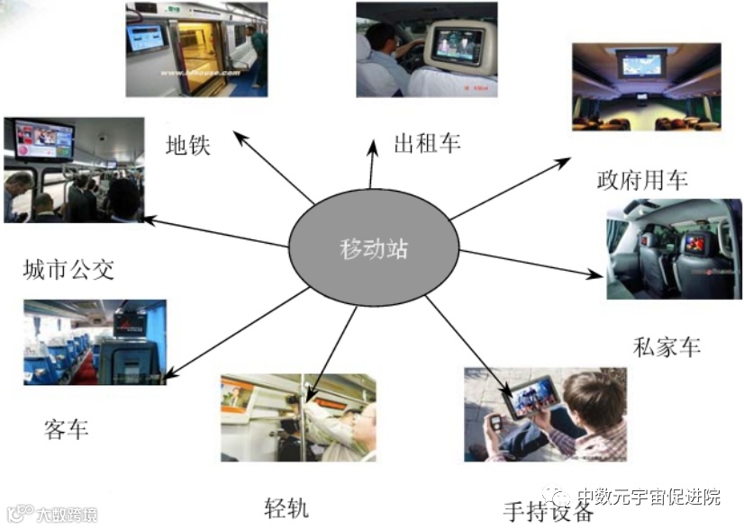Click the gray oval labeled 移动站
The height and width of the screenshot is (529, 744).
[x=373, y=247]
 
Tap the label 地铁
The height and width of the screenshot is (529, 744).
[x=188, y=145]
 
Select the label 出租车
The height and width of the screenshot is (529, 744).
[x=427, y=143]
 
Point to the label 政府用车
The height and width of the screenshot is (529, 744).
[x=641, y=179]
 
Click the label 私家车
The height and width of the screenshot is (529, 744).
[x=667, y=346]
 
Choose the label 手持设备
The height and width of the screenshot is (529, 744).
[x=549, y=511]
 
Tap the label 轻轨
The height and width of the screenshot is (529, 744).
[x=287, y=507]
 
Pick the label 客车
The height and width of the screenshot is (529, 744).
[x=66, y=428]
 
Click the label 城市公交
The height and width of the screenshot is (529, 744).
[x=69, y=268]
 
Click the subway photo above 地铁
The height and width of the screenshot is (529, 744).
[x=197, y=49]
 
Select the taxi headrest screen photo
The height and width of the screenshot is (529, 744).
[x=427, y=49]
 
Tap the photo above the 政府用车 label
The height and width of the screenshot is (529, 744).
[x=646, y=86]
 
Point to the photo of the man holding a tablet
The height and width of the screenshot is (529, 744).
[x=545, y=414]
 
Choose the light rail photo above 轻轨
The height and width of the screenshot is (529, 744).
[x=298, y=418]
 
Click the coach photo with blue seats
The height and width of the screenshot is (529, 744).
[x=95, y=343]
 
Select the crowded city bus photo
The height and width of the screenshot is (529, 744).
[x=73, y=170]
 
